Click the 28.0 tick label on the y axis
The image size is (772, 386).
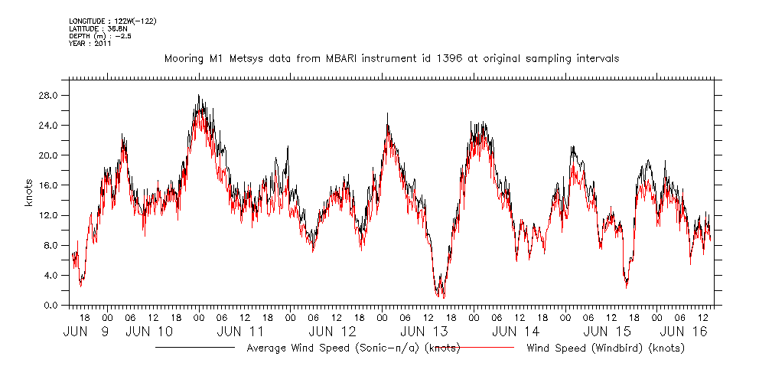[x=50, y=95]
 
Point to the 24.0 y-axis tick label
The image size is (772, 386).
[x=50, y=125]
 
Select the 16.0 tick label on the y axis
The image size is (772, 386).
[x=50, y=185]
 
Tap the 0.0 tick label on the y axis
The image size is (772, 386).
[x=52, y=305]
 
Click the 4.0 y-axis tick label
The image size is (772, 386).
[x=52, y=275]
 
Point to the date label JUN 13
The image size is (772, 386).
[x=423, y=332]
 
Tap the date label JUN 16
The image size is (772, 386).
[x=682, y=332]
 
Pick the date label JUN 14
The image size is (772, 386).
[x=515, y=332]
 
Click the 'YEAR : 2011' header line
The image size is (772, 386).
[x=90, y=44]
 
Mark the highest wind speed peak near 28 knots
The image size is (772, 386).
[x=198, y=96]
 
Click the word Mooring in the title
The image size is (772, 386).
[x=184, y=58]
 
